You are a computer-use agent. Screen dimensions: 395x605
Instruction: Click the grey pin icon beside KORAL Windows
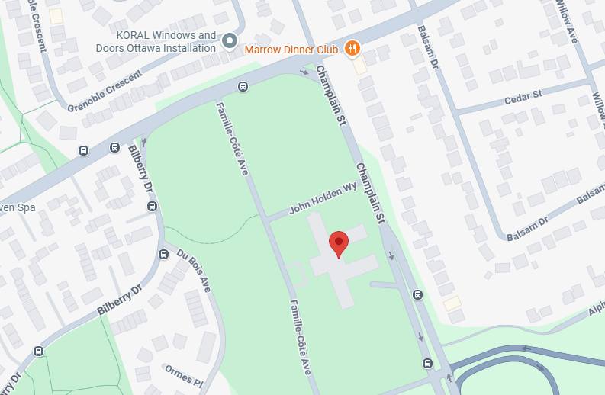(230, 40)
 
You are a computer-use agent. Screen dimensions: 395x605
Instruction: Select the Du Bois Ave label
(193, 269)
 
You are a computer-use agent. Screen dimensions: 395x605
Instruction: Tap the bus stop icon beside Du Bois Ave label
(163, 254)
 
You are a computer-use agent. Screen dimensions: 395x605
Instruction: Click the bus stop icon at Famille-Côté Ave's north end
(243, 86)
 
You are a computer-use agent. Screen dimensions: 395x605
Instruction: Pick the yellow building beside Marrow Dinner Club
(359, 66)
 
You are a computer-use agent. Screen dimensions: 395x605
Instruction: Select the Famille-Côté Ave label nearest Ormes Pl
(300, 336)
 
